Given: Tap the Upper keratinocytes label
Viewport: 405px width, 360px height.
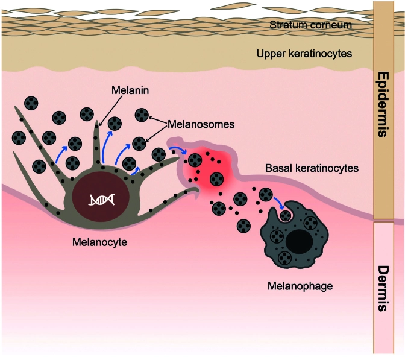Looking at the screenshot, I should pyautogui.click(x=305, y=54).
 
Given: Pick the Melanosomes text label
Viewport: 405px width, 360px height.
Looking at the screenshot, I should pyautogui.click(x=198, y=124).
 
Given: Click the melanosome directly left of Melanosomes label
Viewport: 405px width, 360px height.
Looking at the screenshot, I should pyautogui.click(x=142, y=114).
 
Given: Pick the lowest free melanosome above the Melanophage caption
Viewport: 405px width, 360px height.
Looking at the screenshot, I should pyautogui.click(x=244, y=226).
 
